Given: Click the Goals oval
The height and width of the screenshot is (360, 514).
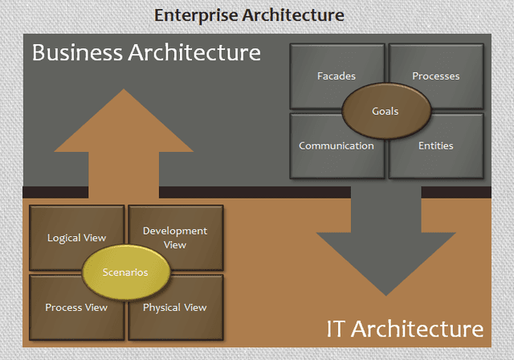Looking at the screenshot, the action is pos(385,111).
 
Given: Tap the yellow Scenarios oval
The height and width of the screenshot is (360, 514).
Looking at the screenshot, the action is pos(125,272).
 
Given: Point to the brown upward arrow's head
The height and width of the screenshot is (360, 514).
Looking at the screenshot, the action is pos(124,121).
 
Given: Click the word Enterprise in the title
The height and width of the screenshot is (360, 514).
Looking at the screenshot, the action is pos(196,15).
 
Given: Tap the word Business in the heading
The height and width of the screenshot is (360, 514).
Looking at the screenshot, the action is pos(77,52).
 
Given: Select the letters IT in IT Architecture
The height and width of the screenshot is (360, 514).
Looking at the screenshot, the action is pos(336,329).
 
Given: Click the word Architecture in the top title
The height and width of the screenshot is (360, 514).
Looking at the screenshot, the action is pos(293,15).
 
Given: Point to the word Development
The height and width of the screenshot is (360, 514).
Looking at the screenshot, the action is pos(175,231).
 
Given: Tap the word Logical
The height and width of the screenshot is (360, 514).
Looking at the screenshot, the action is pos(64,238).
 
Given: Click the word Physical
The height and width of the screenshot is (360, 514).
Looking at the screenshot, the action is pos(161,308).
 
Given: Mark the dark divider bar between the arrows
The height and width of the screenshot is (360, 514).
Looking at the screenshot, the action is pos(255,193).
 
